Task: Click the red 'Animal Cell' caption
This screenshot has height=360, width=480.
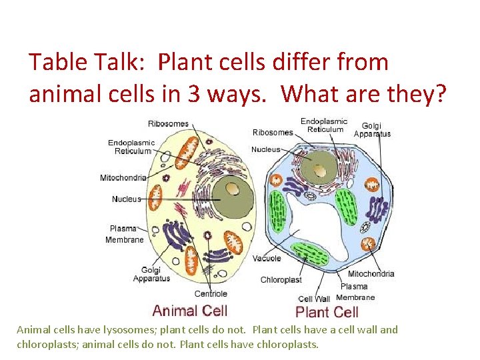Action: [x=189, y=310]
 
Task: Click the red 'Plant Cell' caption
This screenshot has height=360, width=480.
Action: [x=327, y=312]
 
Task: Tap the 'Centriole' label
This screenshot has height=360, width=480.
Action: [x=211, y=293]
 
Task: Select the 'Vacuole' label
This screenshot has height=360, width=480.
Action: [x=267, y=258]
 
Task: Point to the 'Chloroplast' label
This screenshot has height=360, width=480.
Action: [x=281, y=280]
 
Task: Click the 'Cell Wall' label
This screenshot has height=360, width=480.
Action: [x=313, y=299]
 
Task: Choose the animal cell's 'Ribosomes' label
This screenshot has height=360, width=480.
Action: [x=168, y=124]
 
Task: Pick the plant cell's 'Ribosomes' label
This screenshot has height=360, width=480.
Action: [x=273, y=132]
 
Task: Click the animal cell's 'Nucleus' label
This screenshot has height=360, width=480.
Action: [x=126, y=199]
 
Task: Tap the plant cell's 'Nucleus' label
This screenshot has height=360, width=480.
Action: [x=265, y=149]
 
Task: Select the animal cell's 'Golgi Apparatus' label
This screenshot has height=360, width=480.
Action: [x=151, y=274]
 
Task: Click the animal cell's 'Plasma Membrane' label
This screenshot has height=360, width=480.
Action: [x=124, y=234]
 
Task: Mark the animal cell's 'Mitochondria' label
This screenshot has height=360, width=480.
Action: [x=123, y=177]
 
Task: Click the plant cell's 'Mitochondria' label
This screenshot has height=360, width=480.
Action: [x=371, y=273]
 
